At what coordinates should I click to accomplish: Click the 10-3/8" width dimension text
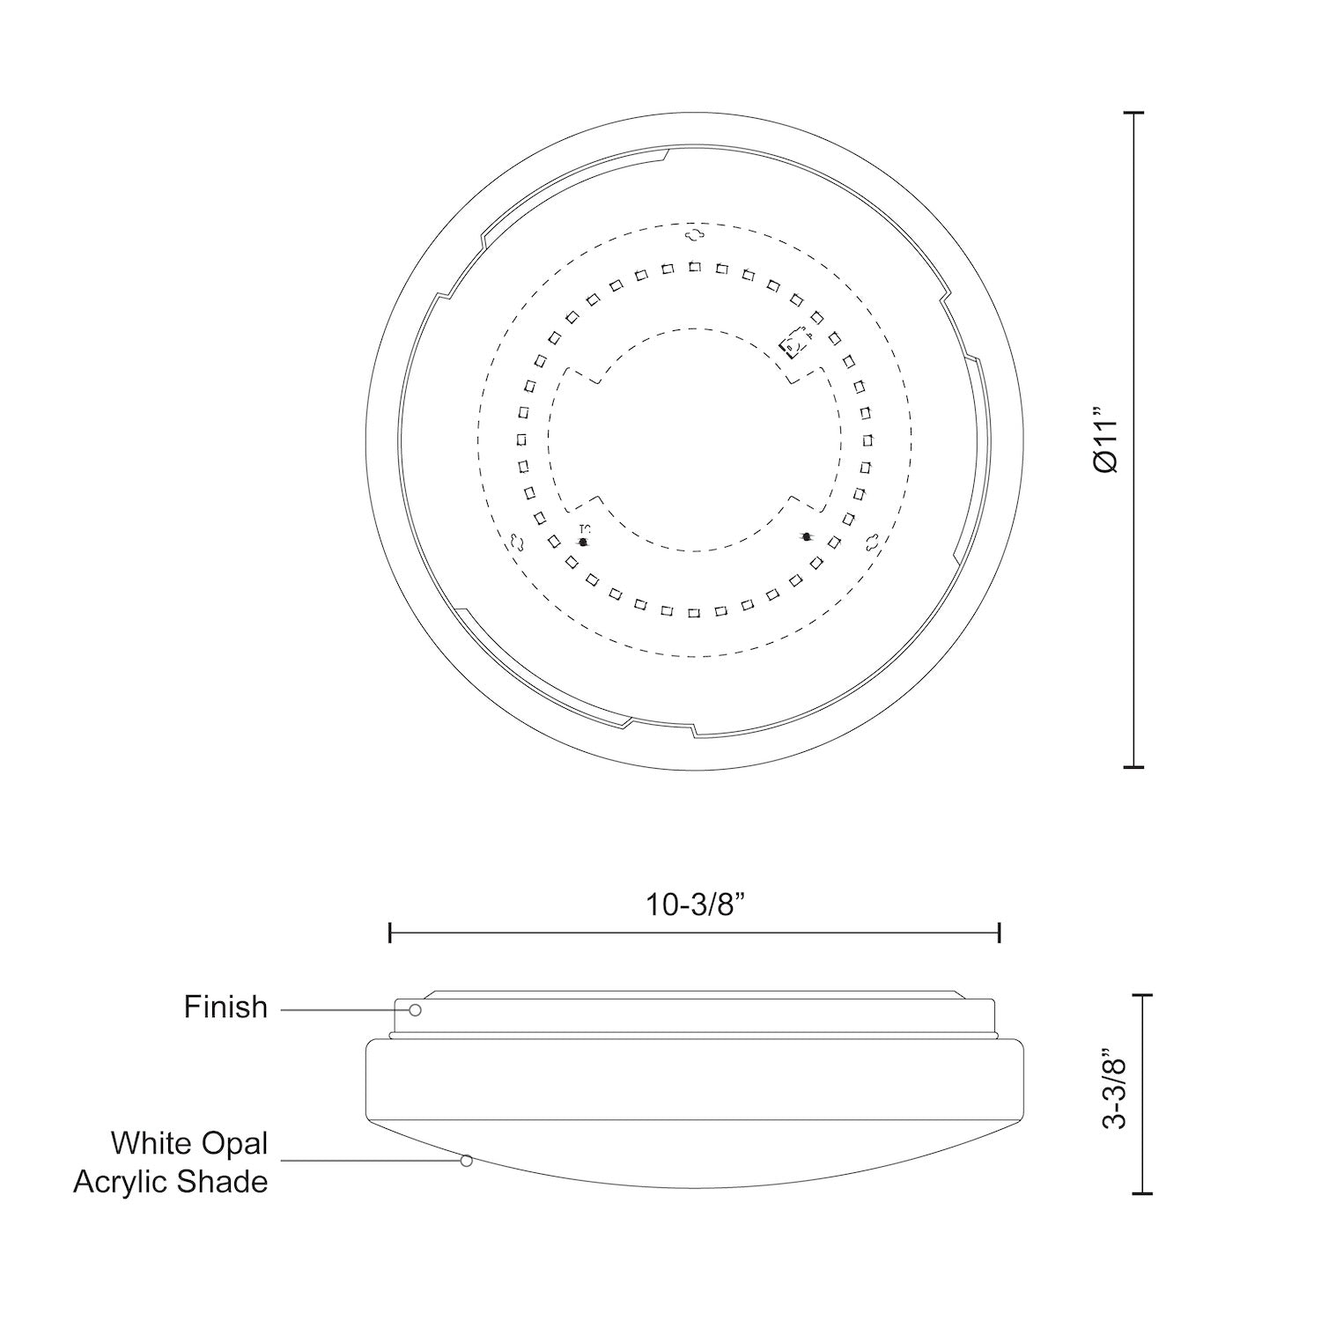(696, 904)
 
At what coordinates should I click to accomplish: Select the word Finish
(225, 1007)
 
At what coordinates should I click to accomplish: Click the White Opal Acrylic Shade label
(171, 1162)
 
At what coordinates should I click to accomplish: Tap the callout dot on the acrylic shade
(467, 1161)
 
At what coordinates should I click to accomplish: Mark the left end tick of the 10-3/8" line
(390, 933)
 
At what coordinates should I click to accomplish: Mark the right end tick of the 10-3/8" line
(1000, 933)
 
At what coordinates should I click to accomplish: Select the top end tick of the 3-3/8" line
(1141, 994)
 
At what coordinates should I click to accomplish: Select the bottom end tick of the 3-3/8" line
(1141, 1193)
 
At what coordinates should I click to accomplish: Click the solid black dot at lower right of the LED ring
(806, 535)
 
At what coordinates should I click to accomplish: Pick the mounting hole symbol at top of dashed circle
(695, 233)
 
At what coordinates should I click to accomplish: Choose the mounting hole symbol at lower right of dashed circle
(872, 542)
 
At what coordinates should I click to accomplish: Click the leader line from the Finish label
(343, 1009)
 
